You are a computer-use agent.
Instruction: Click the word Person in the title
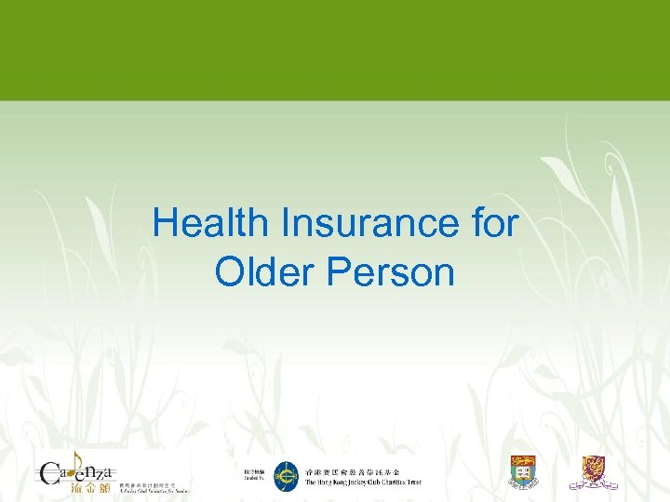coord(396,272)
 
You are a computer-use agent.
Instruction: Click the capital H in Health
coord(165,225)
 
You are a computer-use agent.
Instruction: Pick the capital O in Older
coord(228,272)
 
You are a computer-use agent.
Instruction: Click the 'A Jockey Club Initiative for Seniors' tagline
coord(154,489)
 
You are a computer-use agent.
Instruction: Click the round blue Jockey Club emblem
coord(287,477)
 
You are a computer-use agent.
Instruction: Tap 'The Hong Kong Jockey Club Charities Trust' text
coord(363,482)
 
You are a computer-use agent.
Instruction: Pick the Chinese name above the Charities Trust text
coord(358,471)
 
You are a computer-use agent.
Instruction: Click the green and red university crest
coord(523,472)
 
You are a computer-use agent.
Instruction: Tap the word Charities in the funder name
coord(389,482)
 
